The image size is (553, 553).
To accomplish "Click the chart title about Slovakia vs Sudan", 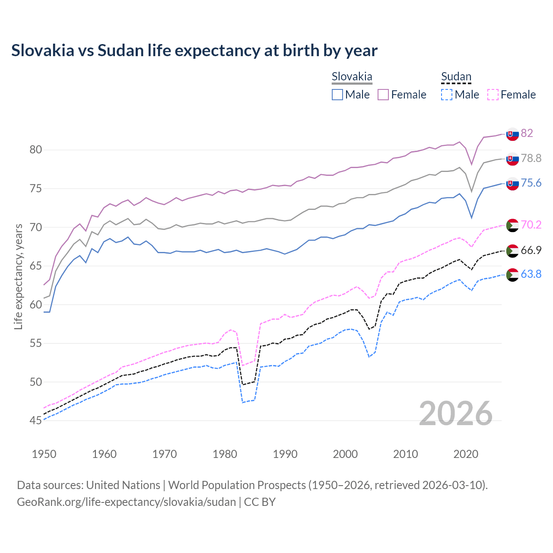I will [x=194, y=51].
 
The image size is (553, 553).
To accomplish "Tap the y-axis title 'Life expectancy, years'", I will [x=18, y=276].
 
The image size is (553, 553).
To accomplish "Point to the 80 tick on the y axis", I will [x=36, y=150].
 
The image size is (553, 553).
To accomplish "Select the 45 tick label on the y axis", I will [x=36, y=420].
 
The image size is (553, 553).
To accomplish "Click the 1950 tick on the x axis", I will [x=44, y=454].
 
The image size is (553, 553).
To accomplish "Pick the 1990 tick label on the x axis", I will [x=285, y=454].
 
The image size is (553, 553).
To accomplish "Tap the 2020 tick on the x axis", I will [x=466, y=454].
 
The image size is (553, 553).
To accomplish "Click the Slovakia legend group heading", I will [x=352, y=77].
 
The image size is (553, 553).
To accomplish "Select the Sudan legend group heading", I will [x=456, y=77].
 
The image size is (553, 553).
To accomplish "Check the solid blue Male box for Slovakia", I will [x=337, y=95].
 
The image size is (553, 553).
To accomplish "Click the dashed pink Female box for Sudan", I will [x=493, y=95].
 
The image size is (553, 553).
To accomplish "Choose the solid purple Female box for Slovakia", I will [x=383, y=95].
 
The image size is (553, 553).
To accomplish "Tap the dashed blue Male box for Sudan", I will [x=447, y=95].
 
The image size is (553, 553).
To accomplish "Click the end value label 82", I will [x=527, y=133].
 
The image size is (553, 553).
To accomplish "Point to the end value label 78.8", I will [x=531, y=159].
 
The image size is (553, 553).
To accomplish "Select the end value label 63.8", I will [x=531, y=274].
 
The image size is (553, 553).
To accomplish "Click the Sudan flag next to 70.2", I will [x=512, y=225].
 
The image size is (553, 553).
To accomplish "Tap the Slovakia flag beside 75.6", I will [x=512, y=183].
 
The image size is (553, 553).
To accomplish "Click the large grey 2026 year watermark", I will [x=455, y=413].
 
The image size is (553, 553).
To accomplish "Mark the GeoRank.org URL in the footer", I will [x=126, y=502].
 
